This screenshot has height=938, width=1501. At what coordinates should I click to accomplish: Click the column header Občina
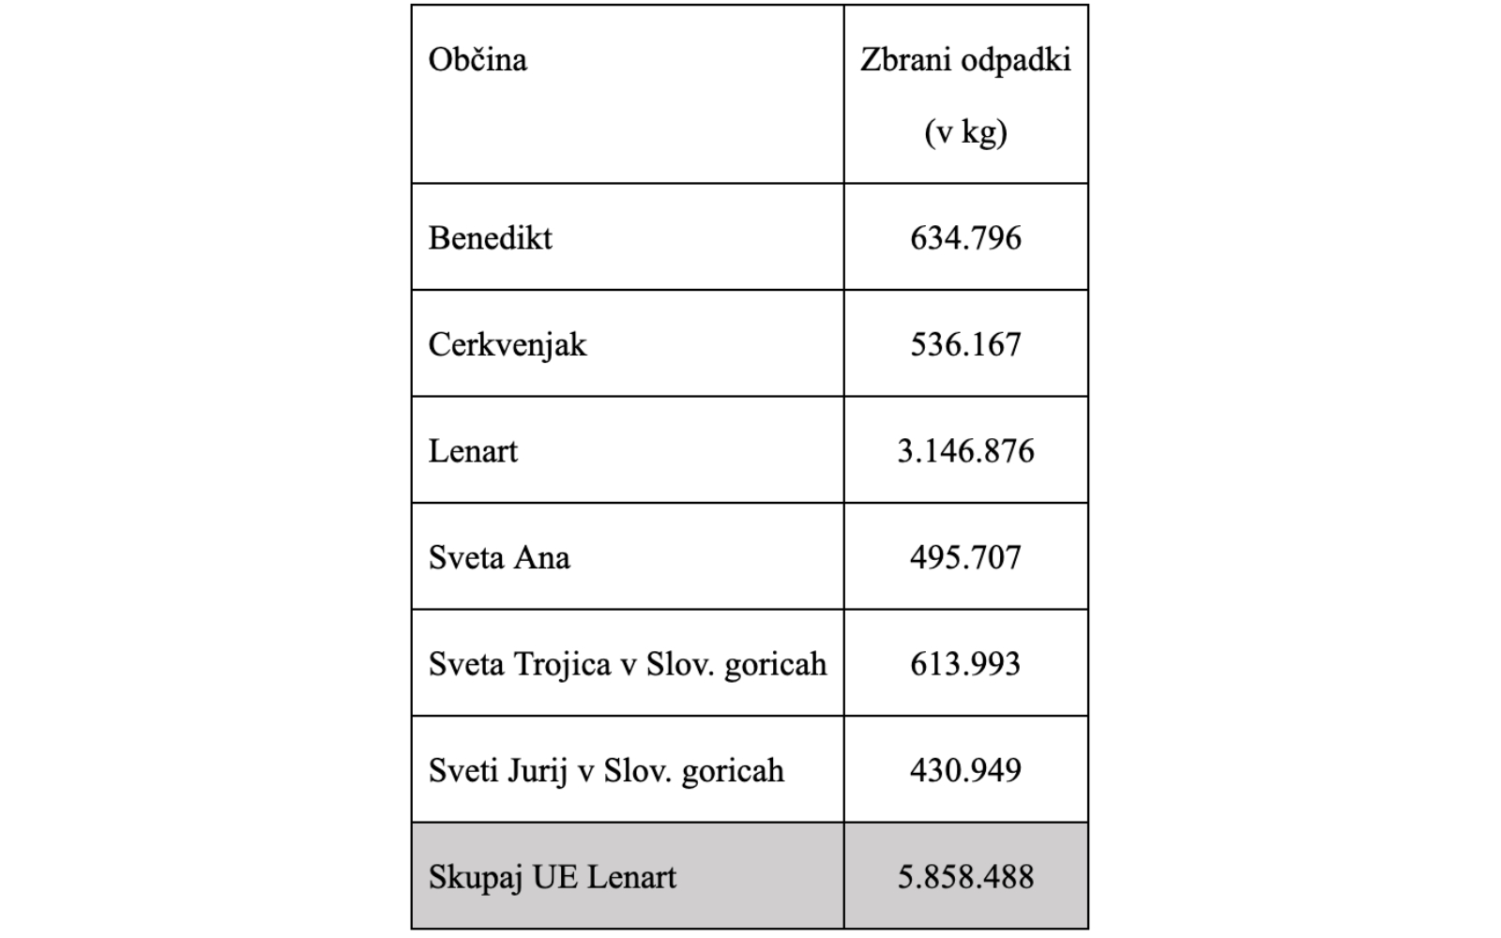click(478, 60)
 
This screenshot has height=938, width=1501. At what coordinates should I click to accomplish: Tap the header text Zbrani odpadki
click(965, 60)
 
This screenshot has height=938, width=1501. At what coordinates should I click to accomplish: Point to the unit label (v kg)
click(965, 132)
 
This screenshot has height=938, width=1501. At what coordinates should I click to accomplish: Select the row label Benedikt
click(490, 238)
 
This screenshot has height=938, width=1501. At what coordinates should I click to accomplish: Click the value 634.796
click(965, 238)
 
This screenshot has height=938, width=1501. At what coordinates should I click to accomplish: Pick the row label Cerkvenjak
click(507, 345)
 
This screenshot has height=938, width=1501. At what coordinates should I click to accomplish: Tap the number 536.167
click(965, 345)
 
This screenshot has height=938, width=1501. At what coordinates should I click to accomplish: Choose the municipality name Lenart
click(473, 451)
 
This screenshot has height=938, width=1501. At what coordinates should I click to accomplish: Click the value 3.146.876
click(965, 451)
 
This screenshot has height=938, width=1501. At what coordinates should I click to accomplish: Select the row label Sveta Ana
click(499, 558)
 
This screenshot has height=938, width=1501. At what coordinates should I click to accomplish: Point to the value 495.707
click(965, 558)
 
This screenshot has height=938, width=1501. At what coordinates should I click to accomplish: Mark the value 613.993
click(965, 664)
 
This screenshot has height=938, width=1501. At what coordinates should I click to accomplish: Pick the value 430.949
click(965, 771)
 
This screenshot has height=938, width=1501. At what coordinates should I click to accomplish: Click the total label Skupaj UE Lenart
click(552, 877)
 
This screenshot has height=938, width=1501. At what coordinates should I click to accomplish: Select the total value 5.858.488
click(965, 877)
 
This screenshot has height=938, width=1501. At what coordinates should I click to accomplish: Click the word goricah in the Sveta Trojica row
click(776, 664)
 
